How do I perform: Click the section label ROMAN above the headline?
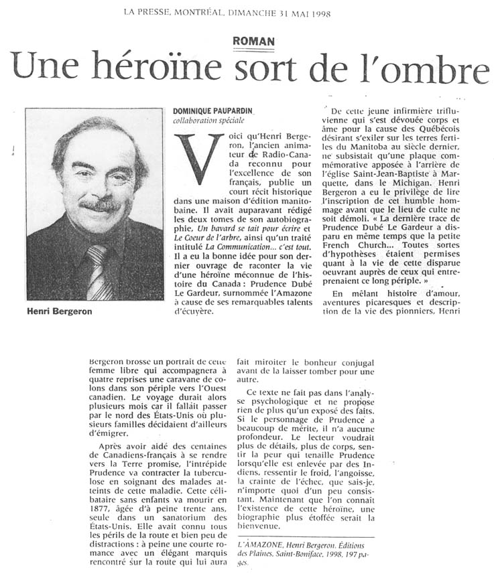point(253,42)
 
